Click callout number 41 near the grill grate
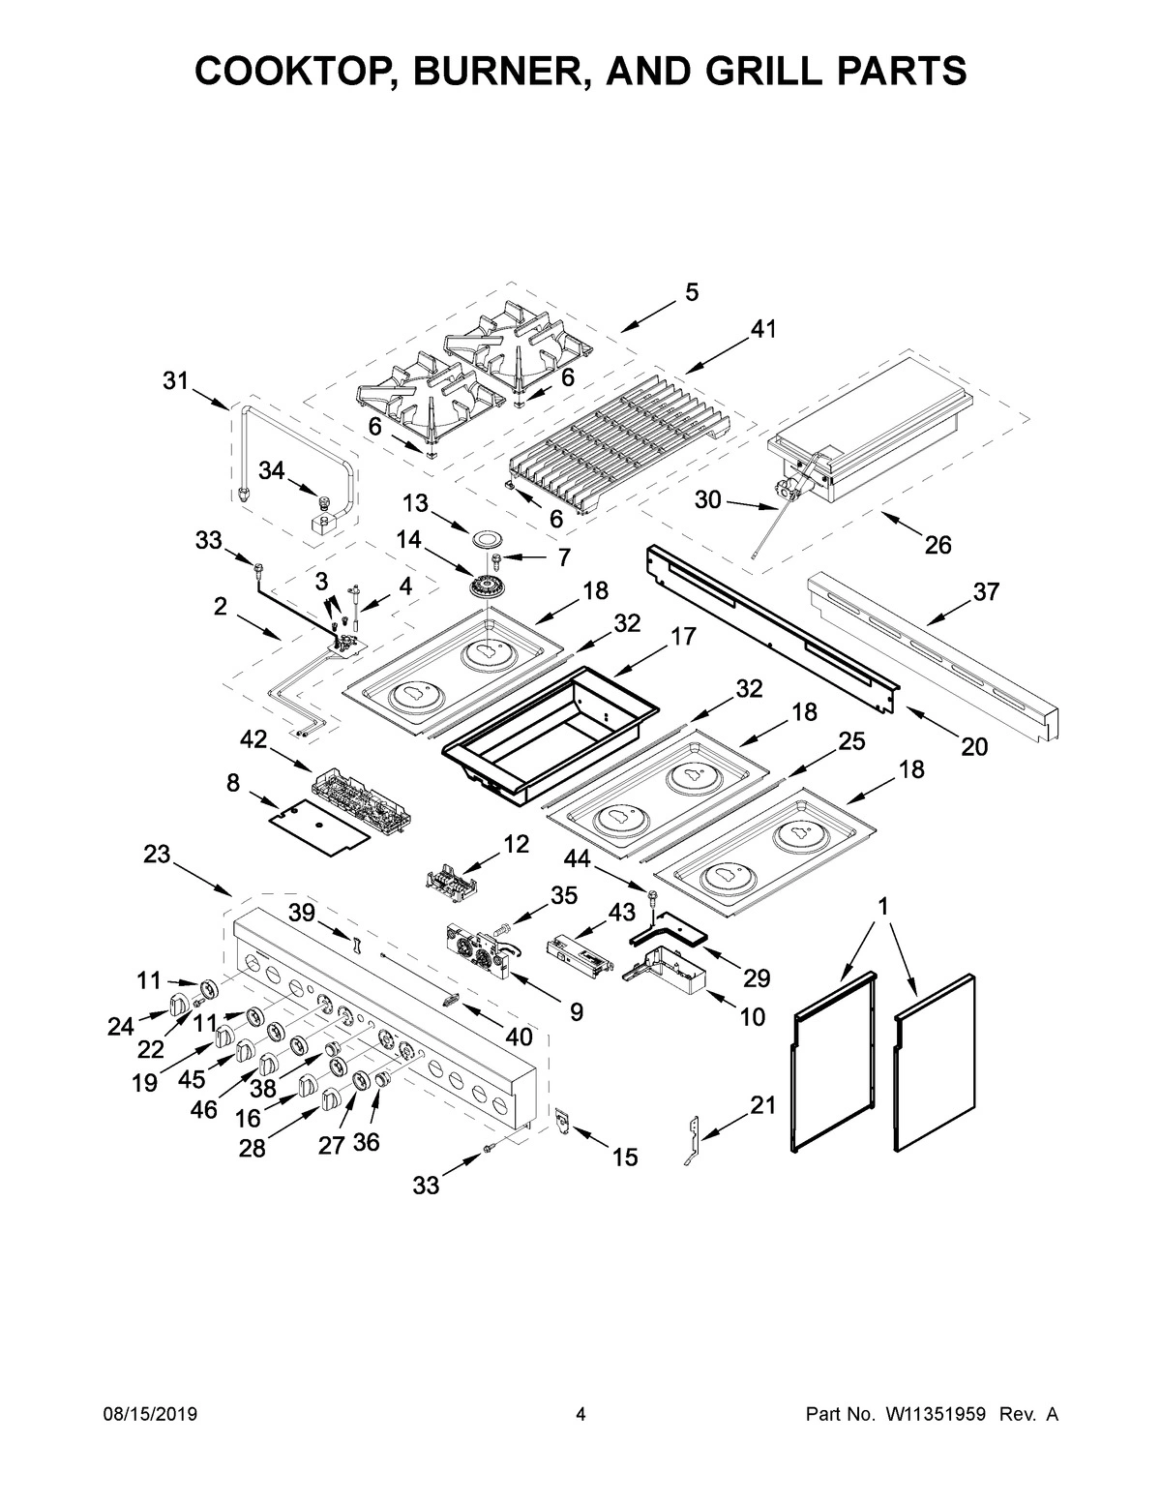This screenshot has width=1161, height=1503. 762,330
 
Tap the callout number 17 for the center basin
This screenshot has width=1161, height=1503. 682,636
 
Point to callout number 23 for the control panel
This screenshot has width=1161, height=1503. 157,854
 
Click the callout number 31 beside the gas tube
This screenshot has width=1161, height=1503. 175,381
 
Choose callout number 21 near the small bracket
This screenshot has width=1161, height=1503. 763,1106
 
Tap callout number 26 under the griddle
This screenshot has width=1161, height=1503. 938,545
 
